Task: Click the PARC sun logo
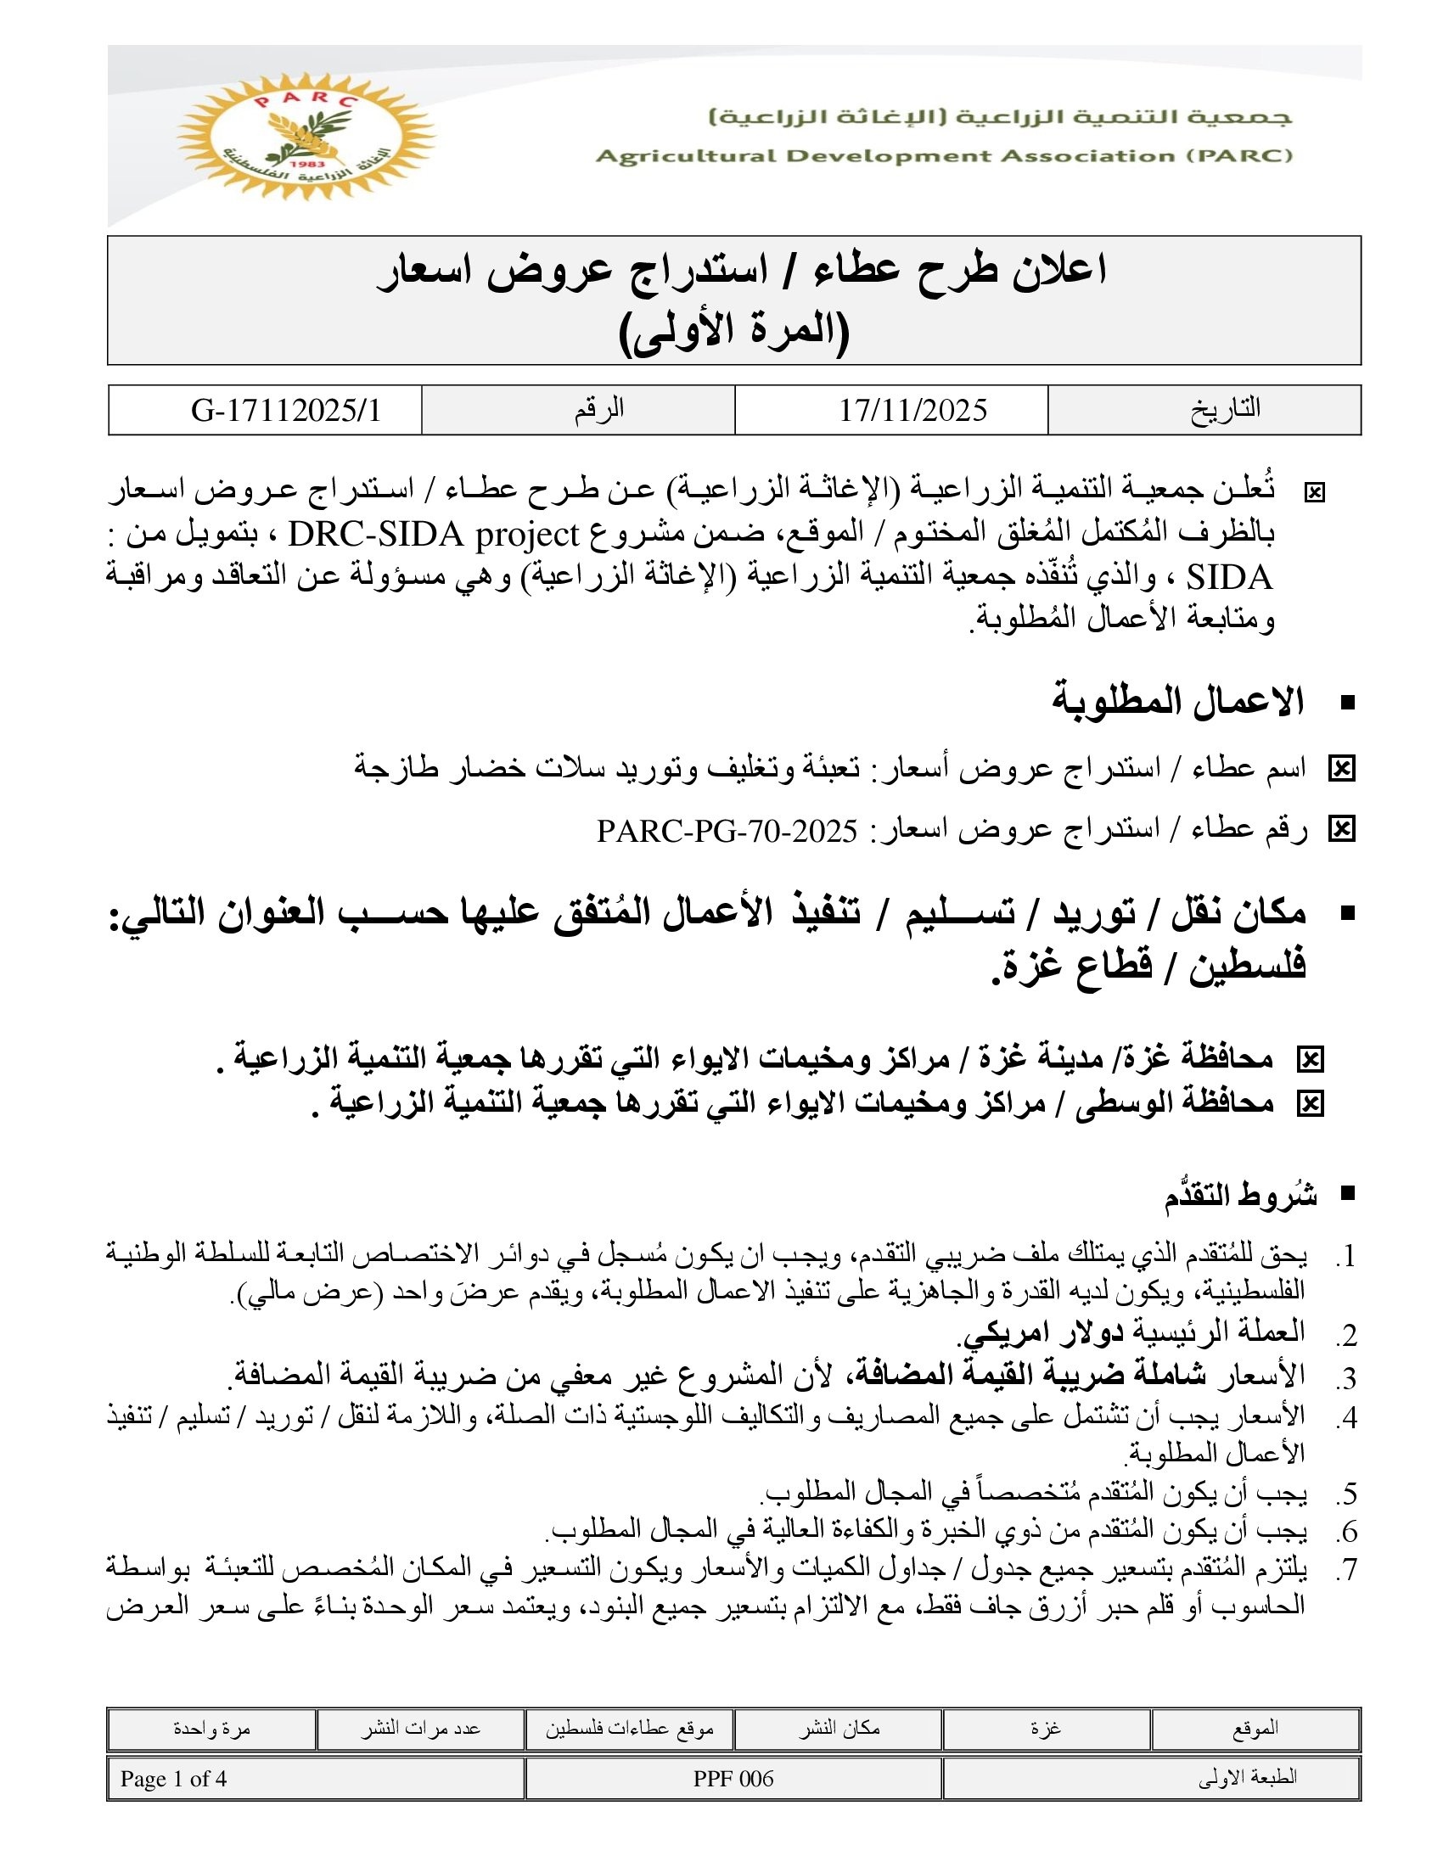pyautogui.click(x=306, y=137)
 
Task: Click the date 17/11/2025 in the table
pyautogui.click(x=912, y=411)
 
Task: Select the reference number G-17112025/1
pyautogui.click(x=285, y=412)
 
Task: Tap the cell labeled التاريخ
pyautogui.click(x=1225, y=410)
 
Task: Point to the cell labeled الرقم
pyautogui.click(x=598, y=410)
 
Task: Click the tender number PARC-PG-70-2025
pyautogui.click(x=727, y=830)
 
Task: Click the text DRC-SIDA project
pyautogui.click(x=435, y=536)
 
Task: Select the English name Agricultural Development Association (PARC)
pyautogui.click(x=945, y=155)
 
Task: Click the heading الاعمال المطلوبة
pyautogui.click(x=1177, y=702)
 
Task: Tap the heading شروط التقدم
pyautogui.click(x=1239, y=1196)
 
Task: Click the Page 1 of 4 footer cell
pyautogui.click(x=173, y=1779)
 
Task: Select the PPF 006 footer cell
pyautogui.click(x=733, y=1779)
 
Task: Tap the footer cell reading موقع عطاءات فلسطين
pyautogui.click(x=629, y=1729)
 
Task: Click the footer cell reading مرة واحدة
pyautogui.click(x=211, y=1729)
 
